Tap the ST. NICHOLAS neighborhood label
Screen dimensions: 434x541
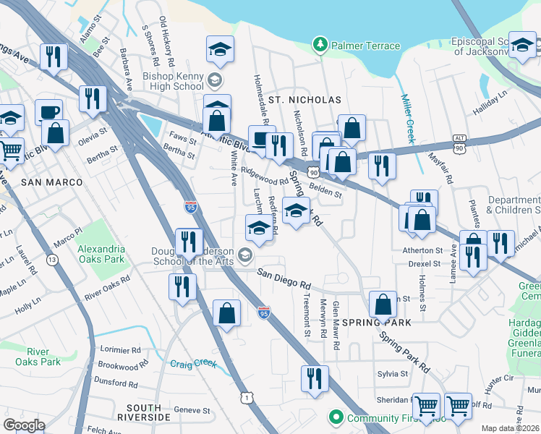pyautogui.click(x=294, y=98)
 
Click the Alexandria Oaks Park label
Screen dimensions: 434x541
pyautogui.click(x=101, y=254)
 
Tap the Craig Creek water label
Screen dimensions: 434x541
pyautogui.click(x=193, y=364)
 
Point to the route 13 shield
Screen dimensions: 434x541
pyautogui.click(x=52, y=258)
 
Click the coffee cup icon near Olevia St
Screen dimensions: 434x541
pyautogui.click(x=48, y=112)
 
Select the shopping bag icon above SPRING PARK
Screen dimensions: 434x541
pyautogui.click(x=383, y=304)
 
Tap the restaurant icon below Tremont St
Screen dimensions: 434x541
pyautogui.click(x=315, y=378)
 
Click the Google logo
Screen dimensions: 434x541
pyautogui.click(x=24, y=425)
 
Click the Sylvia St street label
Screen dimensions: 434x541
pyautogui.click(x=393, y=374)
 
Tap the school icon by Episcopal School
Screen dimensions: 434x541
pyautogui.click(x=522, y=46)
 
